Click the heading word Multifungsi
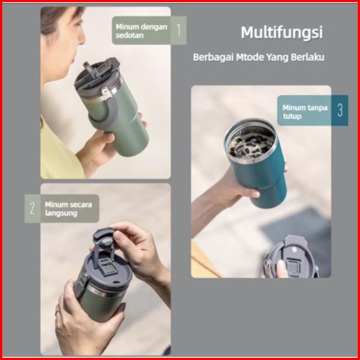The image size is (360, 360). (x=282, y=32)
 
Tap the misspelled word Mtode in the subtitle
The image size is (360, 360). (x=250, y=57)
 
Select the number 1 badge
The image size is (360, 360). (x=179, y=30)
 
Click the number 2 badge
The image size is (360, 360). (x=32, y=208)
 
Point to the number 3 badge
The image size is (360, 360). (x=340, y=110)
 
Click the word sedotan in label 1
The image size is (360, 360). (x=129, y=36)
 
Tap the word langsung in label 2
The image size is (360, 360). (x=61, y=213)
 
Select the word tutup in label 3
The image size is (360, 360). (x=292, y=116)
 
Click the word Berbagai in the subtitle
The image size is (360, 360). (x=213, y=57)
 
